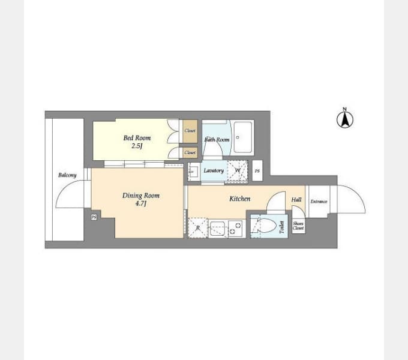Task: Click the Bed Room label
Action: tap(137, 138)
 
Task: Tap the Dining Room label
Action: tap(141, 196)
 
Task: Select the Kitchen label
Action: tap(239, 199)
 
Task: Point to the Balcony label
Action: tap(67, 175)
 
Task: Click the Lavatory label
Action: tap(214, 170)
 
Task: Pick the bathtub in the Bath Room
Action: tap(243, 137)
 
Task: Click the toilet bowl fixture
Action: tap(266, 225)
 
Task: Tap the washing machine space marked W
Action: tap(238, 170)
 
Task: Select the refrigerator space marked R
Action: tap(198, 228)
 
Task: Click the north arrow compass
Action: tap(345, 119)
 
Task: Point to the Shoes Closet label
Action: tap(298, 226)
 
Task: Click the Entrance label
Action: tap(319, 202)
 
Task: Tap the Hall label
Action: tap(296, 200)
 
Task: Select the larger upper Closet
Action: tap(190, 131)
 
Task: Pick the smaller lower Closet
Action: tap(190, 152)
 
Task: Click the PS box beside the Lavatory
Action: tap(257, 170)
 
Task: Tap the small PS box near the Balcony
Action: tap(94, 217)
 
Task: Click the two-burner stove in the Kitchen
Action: tap(236, 229)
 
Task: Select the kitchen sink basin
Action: tap(217, 229)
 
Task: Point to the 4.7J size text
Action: tap(141, 203)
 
